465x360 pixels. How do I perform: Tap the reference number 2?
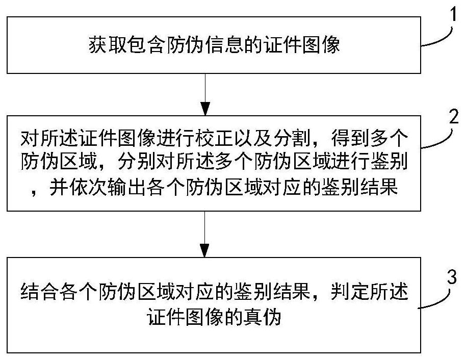point(453,117)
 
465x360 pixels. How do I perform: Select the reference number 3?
point(452,277)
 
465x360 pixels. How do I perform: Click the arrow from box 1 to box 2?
point(205,94)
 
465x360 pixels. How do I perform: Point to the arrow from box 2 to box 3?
point(205,234)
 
